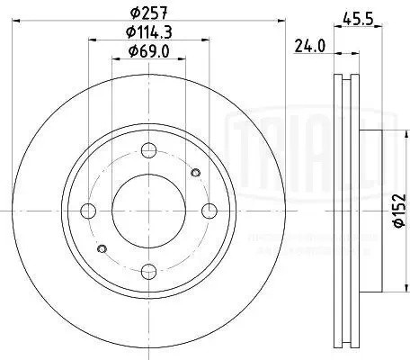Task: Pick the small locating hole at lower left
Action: tap(102, 248)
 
